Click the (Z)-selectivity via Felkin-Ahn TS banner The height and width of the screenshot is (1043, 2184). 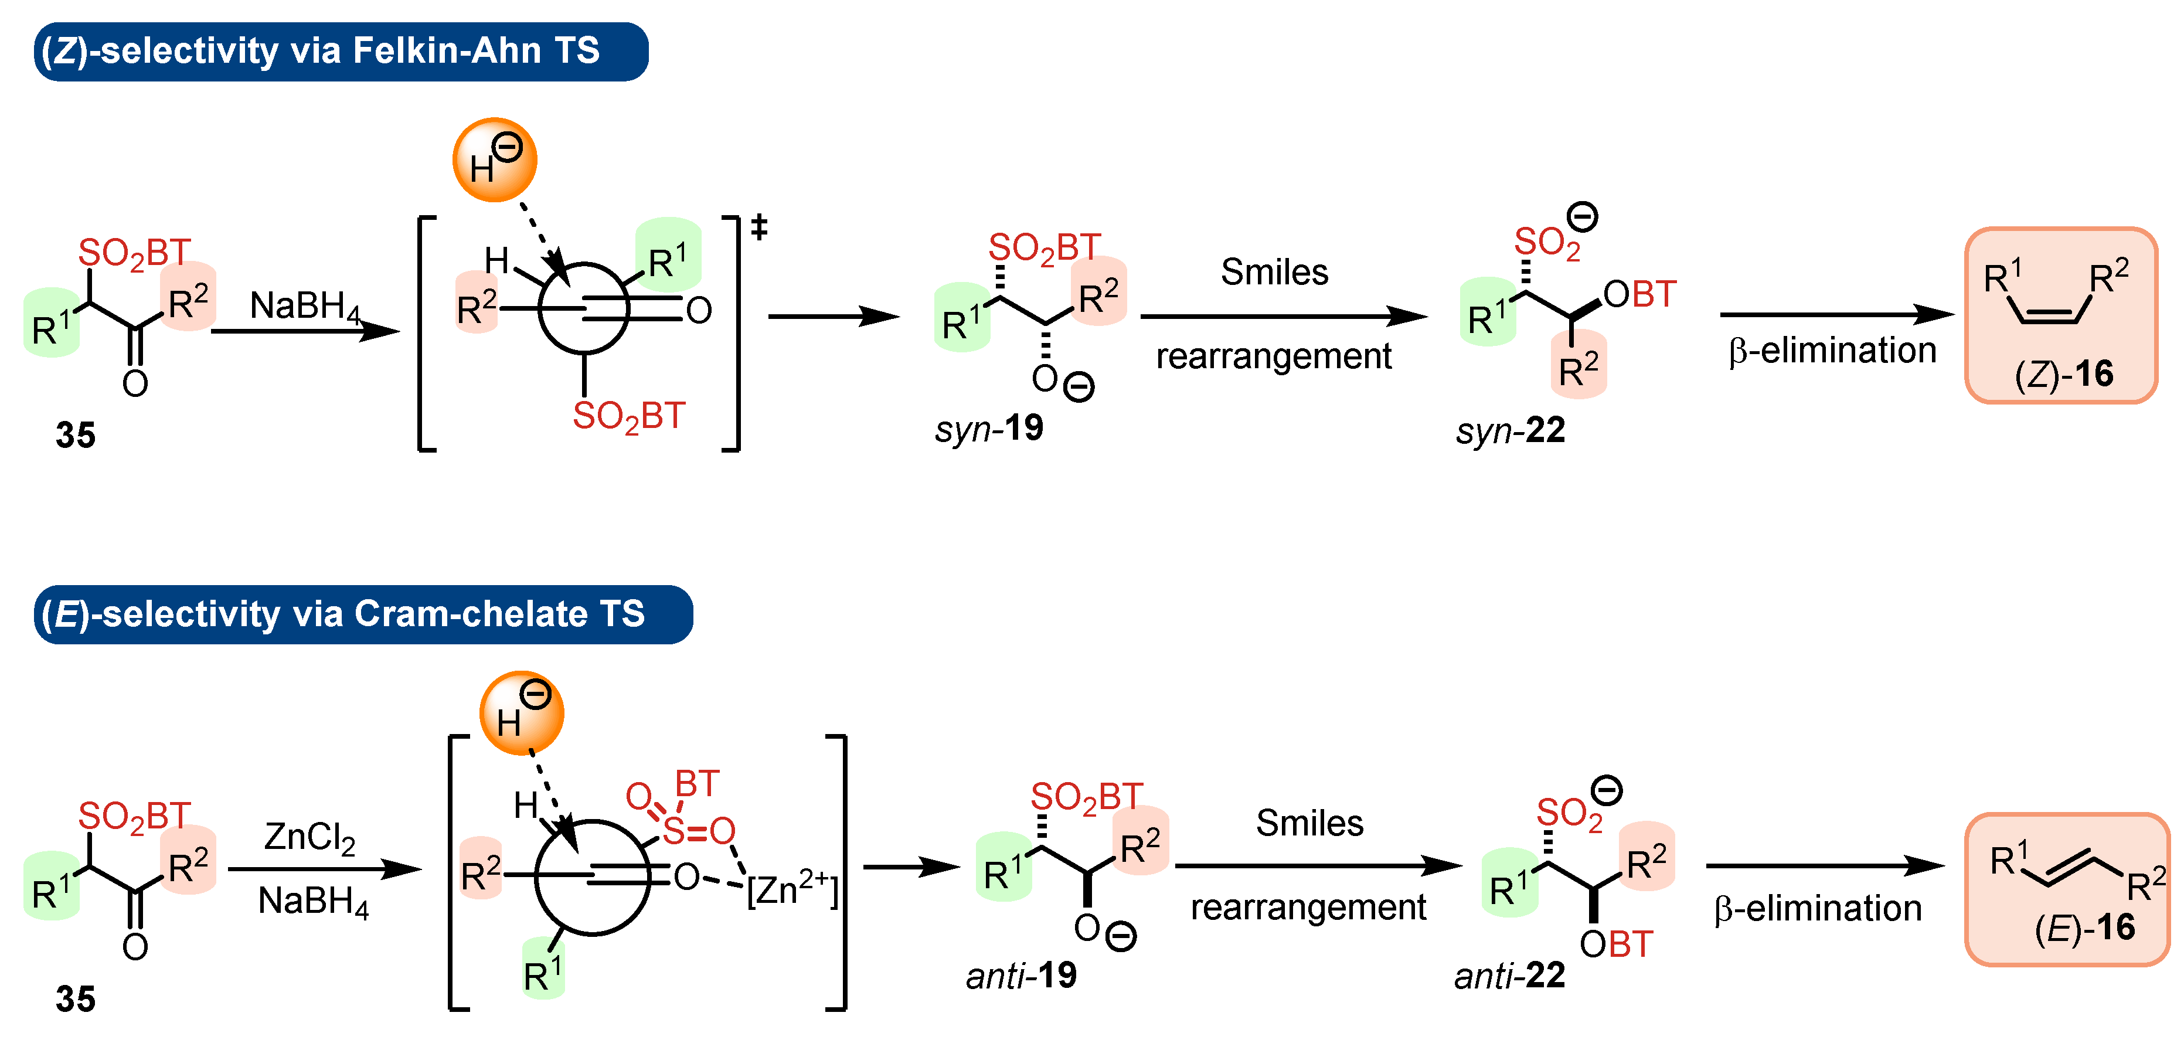pyautogui.click(x=339, y=51)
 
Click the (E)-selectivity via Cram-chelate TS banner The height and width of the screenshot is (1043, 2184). pyautogui.click(x=362, y=614)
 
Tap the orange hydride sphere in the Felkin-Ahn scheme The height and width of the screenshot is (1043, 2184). pyautogui.click(x=494, y=160)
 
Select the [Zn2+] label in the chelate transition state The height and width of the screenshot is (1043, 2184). pyautogui.click(x=792, y=889)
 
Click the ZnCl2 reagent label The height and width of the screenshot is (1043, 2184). pyautogui.click(x=309, y=837)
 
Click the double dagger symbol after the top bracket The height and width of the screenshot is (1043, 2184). pyautogui.click(x=759, y=227)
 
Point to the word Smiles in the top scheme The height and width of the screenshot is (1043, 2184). pyautogui.click(x=1274, y=272)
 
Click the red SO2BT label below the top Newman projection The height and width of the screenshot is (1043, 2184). pyautogui.click(x=628, y=416)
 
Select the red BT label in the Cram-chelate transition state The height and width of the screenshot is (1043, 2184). pyautogui.click(x=697, y=783)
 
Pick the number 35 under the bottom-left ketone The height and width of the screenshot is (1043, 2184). pyautogui.click(x=76, y=999)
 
